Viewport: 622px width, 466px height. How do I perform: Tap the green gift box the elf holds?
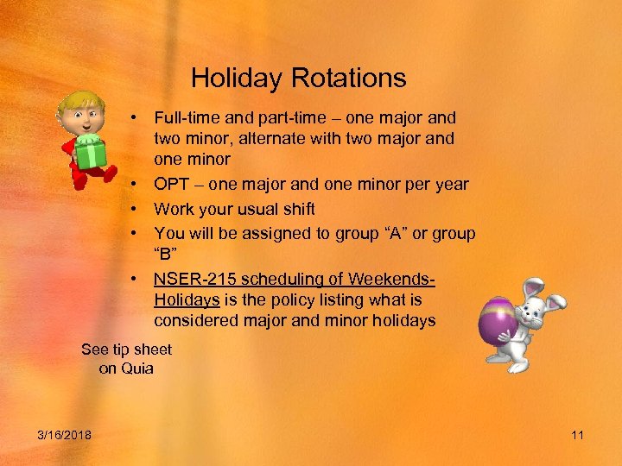click(x=89, y=154)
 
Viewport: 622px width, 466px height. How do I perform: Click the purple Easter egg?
click(x=503, y=322)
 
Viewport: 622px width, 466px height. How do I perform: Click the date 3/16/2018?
click(x=66, y=435)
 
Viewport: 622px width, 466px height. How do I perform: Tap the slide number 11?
click(x=578, y=435)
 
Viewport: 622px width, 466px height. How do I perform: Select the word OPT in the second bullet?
click(x=171, y=184)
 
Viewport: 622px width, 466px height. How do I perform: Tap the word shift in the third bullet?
click(x=297, y=209)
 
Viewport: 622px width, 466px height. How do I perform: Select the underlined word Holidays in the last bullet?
click(x=187, y=299)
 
